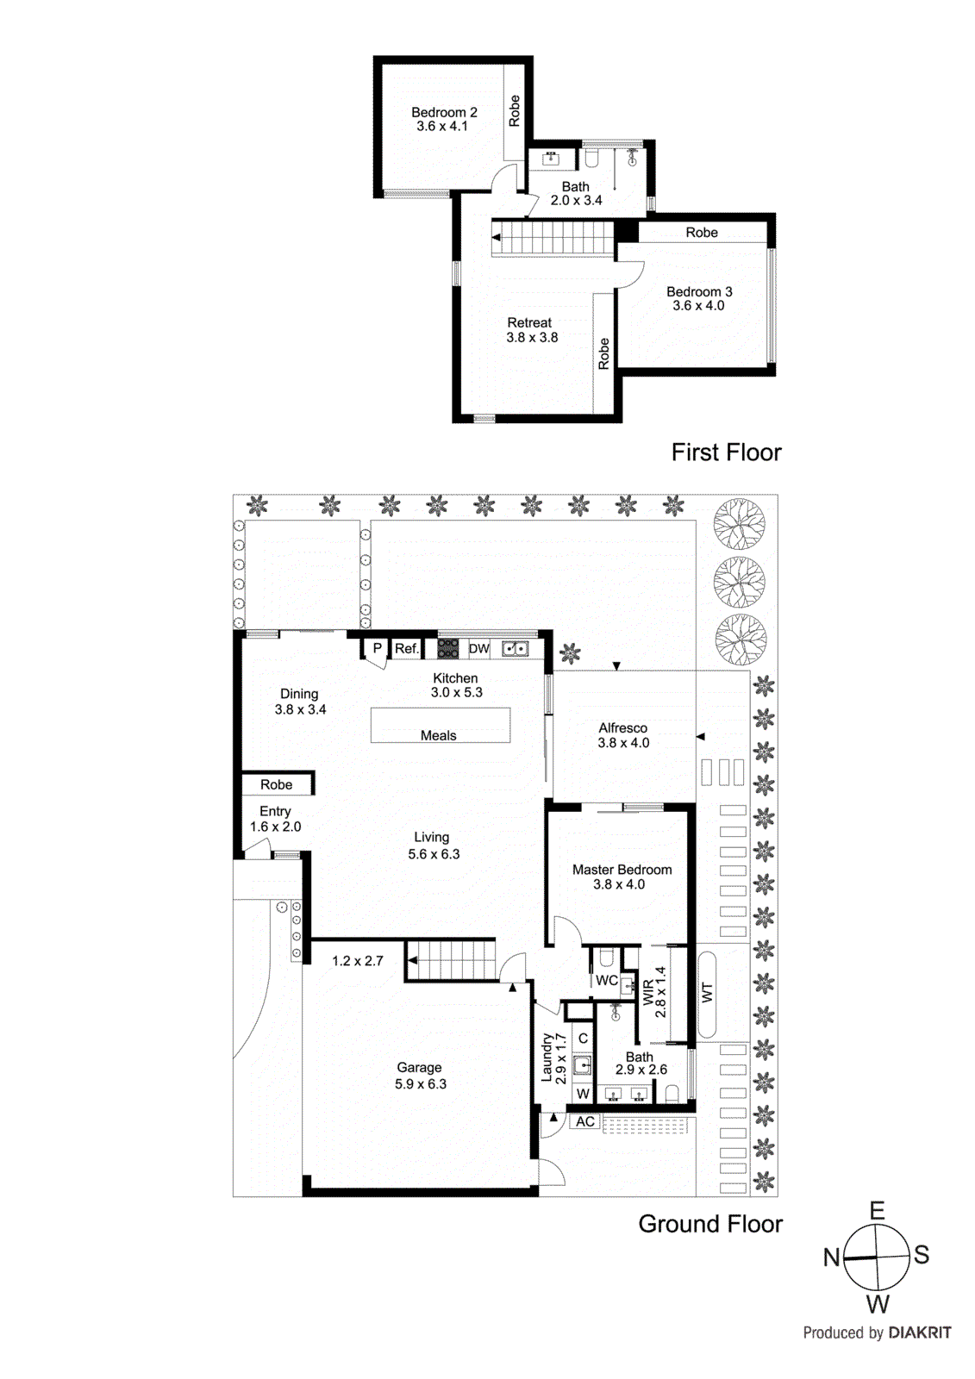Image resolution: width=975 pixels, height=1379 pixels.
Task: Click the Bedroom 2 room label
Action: pyautogui.click(x=443, y=119)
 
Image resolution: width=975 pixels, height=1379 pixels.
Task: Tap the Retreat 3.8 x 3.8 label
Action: pyautogui.click(x=531, y=330)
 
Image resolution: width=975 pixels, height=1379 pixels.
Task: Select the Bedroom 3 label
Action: pyautogui.click(x=699, y=298)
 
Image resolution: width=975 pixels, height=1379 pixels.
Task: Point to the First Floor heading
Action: pyautogui.click(x=726, y=452)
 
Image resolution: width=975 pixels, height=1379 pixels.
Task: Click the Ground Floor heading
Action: pyautogui.click(x=709, y=1224)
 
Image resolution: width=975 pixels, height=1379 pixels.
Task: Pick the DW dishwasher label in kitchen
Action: pyautogui.click(x=478, y=649)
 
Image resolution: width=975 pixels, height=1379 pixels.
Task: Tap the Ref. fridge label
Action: pyautogui.click(x=406, y=649)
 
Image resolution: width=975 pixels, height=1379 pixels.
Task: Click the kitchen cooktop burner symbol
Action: pyautogui.click(x=447, y=648)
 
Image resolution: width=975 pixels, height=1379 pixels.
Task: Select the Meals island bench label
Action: pyautogui.click(x=438, y=735)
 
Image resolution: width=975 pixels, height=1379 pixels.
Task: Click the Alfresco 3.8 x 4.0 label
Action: pyautogui.click(x=623, y=735)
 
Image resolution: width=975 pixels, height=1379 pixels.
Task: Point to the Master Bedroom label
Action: pyautogui.click(x=622, y=877)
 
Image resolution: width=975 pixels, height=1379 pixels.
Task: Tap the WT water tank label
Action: pyautogui.click(x=707, y=993)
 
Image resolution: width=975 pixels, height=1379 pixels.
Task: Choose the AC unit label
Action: pyautogui.click(x=585, y=1121)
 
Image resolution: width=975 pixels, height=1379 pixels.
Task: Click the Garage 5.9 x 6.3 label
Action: pyautogui.click(x=420, y=1076)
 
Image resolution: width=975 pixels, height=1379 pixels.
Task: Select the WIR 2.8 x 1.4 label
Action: pyautogui.click(x=654, y=992)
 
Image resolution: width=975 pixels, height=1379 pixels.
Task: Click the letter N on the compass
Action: pyautogui.click(x=831, y=1257)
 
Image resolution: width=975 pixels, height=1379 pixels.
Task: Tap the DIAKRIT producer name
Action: pyautogui.click(x=919, y=1332)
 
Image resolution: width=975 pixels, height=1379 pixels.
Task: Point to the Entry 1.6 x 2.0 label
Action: pyautogui.click(x=275, y=819)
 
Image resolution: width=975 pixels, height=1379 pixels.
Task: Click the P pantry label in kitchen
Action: pyautogui.click(x=377, y=648)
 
